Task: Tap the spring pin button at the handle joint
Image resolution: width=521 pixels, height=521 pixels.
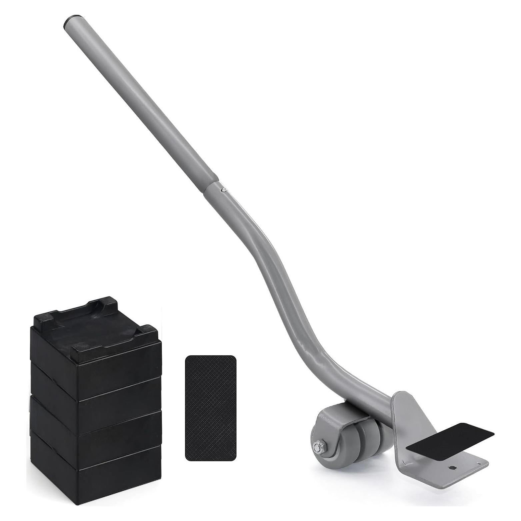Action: [224, 190]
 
